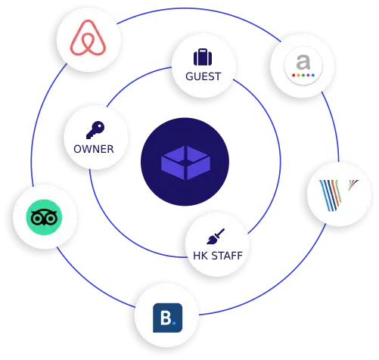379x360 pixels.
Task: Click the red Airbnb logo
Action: pyautogui.click(x=88, y=38)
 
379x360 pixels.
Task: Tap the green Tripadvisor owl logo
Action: pyautogui.click(x=44, y=217)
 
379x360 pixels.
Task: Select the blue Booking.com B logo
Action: pyautogui.click(x=168, y=318)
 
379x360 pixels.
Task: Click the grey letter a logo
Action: pyautogui.click(x=303, y=62)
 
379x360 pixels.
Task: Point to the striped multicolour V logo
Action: pyautogui.click(x=339, y=195)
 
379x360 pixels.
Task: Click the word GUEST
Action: pyautogui.click(x=203, y=76)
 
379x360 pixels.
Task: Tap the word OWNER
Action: pyautogui.click(x=94, y=149)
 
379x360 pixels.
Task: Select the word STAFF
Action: pyautogui.click(x=227, y=256)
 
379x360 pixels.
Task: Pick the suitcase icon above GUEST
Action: pyautogui.click(x=203, y=57)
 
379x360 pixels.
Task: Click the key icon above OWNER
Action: pyautogui.click(x=95, y=130)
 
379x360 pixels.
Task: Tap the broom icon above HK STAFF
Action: pyautogui.click(x=216, y=237)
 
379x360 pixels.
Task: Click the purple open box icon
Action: pyautogui.click(x=186, y=163)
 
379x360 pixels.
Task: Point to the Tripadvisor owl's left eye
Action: pyautogui.click(x=37, y=219)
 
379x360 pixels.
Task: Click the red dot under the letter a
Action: pyautogui.click(x=294, y=75)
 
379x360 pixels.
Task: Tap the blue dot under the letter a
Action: pyautogui.click(x=313, y=75)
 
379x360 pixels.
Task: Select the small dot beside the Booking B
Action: pyautogui.click(x=174, y=322)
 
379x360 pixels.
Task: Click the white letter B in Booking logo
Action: pyautogui.click(x=166, y=318)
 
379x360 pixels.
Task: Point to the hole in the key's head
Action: pyautogui.click(x=100, y=126)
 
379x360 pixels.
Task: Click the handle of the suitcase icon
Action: pyautogui.click(x=203, y=50)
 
